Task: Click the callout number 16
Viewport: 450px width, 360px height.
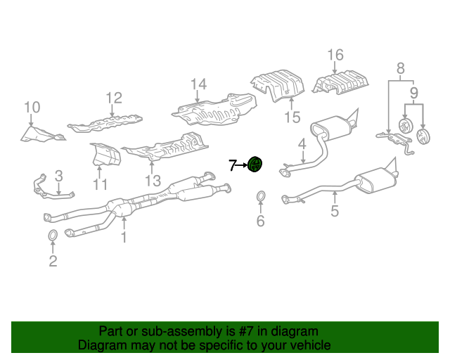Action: click(x=335, y=56)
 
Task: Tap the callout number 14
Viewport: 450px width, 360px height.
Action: click(x=198, y=84)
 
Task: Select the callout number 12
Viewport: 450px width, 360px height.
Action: click(x=114, y=98)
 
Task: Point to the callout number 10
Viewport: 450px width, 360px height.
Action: click(x=32, y=108)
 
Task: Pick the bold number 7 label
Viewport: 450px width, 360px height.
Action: click(x=233, y=166)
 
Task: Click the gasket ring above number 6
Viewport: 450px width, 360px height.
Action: click(x=260, y=195)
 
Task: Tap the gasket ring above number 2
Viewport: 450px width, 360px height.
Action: click(x=53, y=235)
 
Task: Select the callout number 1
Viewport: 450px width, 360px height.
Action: click(x=123, y=238)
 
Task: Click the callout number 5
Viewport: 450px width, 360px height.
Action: click(x=335, y=211)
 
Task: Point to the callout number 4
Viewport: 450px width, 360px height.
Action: click(x=301, y=144)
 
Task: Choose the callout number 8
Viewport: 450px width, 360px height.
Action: click(x=400, y=68)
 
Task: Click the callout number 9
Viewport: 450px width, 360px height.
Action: click(x=413, y=92)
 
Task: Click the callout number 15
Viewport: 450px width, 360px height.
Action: click(x=292, y=117)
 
